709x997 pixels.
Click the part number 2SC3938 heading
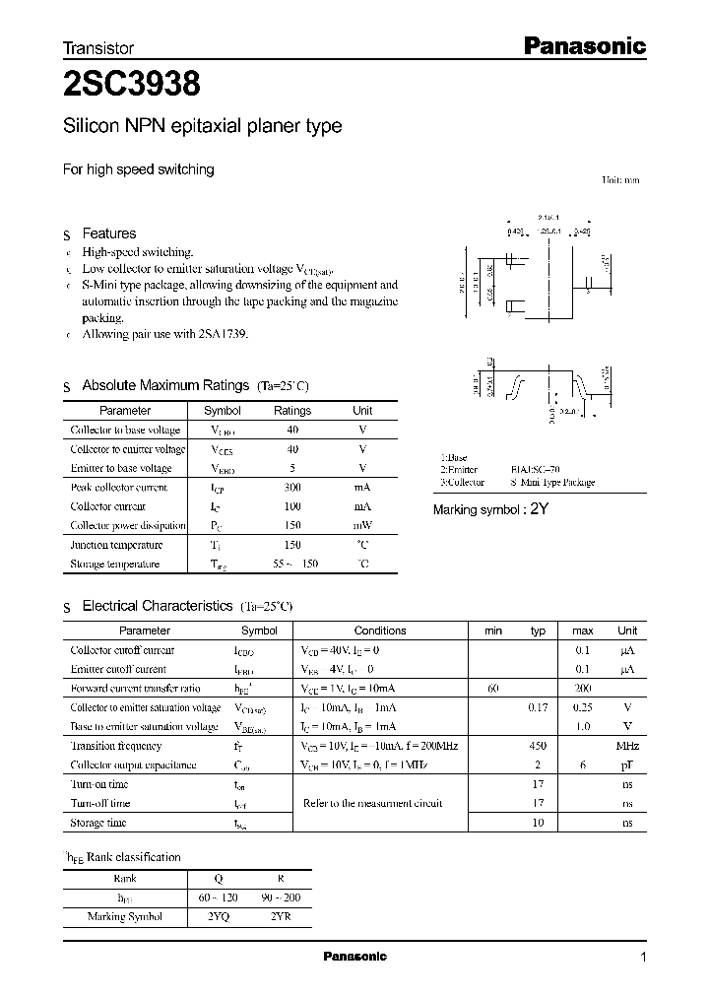132,86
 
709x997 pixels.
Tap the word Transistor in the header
98,47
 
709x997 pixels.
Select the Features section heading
108,233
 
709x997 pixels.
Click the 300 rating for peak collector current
292,488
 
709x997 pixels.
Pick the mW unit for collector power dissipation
362,526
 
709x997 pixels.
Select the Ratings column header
292,411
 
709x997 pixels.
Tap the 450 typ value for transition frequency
538,747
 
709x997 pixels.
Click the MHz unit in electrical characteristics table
627,747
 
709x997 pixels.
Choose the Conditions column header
379,631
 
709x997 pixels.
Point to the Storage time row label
98,823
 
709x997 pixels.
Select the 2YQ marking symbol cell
220,916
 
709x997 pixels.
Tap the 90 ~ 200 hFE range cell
279,897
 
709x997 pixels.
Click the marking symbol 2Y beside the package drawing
538,509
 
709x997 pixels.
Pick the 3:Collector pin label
462,483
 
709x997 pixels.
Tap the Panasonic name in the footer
354,957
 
